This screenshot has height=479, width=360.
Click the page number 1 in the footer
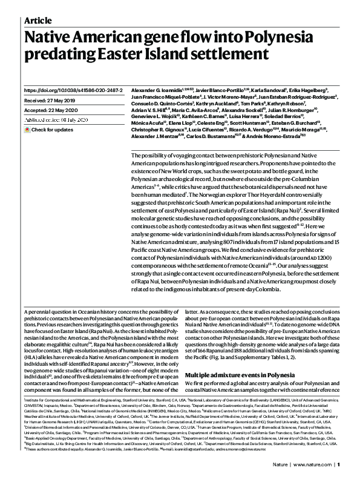340,464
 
